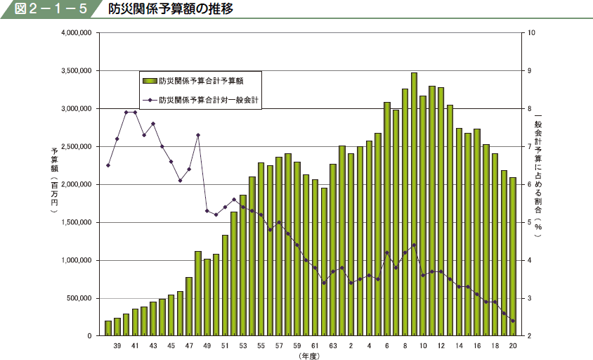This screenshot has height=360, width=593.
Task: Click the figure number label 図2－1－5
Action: pyautogui.click(x=48, y=10)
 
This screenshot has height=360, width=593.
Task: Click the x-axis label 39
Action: pyautogui.click(x=117, y=346)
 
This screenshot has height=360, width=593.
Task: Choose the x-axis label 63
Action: pyautogui.click(x=333, y=346)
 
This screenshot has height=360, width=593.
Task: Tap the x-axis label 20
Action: pyautogui.click(x=514, y=346)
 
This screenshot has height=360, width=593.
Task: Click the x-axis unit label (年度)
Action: pyautogui.click(x=309, y=356)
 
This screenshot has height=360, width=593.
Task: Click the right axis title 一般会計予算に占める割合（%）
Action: pyautogui.click(x=539, y=176)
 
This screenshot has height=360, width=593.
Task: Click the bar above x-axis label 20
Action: pyautogui.click(x=513, y=257)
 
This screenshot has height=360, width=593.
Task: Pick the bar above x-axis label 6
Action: pyautogui.click(x=387, y=219)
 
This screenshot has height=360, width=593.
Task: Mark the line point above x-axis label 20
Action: pyautogui.click(x=513, y=321)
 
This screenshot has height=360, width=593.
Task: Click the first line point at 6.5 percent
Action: pyautogui.click(x=108, y=165)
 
